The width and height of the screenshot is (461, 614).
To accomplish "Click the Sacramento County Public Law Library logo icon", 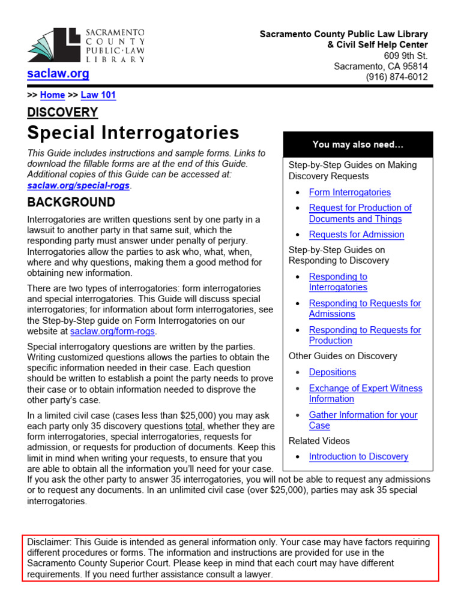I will pos(53,46).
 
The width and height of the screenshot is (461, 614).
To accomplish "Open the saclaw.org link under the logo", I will pos(58,74).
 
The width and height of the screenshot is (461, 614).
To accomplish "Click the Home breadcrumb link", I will pos(52,95).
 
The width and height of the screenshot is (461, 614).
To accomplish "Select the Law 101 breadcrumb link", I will pos(98,95).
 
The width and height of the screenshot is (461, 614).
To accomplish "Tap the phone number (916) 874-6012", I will pos(397,77).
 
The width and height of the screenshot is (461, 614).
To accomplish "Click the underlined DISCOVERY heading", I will pos(62,112).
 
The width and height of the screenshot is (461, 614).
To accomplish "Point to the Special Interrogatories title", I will pos(133,133).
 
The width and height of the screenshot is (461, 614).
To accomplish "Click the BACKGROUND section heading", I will pos(71,202).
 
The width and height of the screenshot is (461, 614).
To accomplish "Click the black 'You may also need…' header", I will pos(358,145).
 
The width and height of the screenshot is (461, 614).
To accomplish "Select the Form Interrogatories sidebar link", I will pos(349,192).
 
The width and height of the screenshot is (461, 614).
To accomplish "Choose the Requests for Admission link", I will pos(356,234).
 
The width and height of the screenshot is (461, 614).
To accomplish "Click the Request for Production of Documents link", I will pos(360,213).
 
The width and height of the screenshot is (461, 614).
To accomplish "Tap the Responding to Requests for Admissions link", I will pos(364,308).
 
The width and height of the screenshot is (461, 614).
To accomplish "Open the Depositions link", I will pos(332,372).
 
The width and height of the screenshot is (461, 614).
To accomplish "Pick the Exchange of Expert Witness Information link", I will pos(365,393).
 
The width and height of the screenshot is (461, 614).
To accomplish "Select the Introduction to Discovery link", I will pos(358,456).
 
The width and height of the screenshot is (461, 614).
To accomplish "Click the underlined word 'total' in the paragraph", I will pos(194,426).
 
